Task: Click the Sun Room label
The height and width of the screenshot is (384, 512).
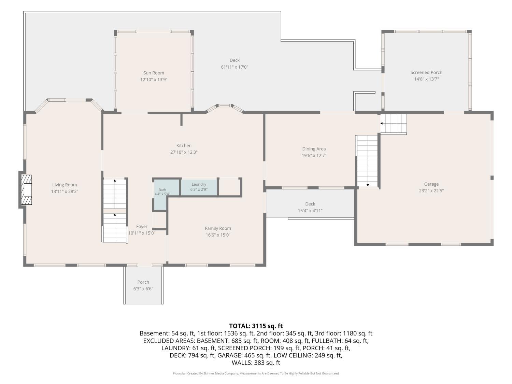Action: click(x=154, y=73)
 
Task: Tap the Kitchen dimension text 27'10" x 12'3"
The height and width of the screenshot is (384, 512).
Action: click(x=184, y=152)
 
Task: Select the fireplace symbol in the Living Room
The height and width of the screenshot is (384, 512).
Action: click(x=26, y=190)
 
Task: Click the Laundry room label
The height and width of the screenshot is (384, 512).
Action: click(x=199, y=184)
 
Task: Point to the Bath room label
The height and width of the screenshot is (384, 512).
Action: click(x=162, y=190)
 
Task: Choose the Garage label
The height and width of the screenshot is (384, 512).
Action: click(x=431, y=184)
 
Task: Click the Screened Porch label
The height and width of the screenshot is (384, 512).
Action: click(x=426, y=72)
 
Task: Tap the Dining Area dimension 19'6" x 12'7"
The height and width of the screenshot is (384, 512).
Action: click(x=314, y=156)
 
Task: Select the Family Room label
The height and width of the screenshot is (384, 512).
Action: click(x=218, y=228)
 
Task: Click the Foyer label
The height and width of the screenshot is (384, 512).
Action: click(x=142, y=227)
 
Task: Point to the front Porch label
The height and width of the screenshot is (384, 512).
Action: click(x=143, y=282)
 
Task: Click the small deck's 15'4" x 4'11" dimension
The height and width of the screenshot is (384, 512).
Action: click(x=310, y=211)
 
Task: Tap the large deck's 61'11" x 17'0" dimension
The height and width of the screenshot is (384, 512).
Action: click(x=234, y=67)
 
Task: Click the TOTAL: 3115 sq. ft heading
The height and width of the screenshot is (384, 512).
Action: click(x=256, y=326)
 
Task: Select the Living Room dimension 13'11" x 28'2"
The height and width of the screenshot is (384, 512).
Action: click(x=65, y=191)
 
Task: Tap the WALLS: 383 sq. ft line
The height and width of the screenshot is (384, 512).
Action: click(x=256, y=363)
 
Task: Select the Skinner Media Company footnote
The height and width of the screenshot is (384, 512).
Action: click(x=256, y=373)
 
